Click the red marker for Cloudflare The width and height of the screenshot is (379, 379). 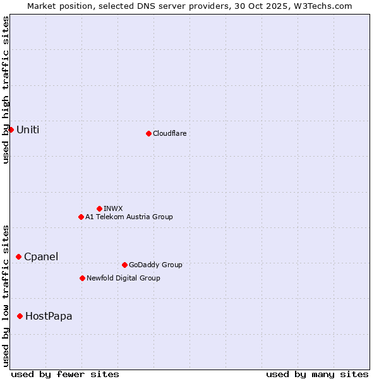point(148,133)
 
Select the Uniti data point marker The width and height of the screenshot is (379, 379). point(11,129)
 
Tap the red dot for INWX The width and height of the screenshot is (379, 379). point(99,208)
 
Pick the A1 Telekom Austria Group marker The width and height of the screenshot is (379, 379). point(81,217)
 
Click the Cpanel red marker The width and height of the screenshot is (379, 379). point(18,256)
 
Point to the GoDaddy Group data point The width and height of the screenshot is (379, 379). point(124,265)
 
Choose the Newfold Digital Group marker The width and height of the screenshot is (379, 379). point(82,278)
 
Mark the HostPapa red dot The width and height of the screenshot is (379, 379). point(20,316)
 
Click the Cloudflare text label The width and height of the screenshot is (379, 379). point(169,133)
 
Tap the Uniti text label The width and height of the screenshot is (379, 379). point(28,129)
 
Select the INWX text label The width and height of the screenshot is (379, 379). point(113,208)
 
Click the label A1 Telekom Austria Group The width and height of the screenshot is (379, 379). point(129,217)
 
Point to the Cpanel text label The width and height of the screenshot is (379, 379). point(41,256)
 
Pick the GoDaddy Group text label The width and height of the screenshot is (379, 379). point(155,265)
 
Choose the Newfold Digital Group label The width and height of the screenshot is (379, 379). point(123,278)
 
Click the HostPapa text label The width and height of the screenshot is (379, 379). point(49,316)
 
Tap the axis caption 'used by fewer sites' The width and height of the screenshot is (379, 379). point(65,374)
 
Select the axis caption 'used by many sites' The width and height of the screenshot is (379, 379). point(317,374)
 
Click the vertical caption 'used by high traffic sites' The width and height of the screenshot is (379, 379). point(6,90)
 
